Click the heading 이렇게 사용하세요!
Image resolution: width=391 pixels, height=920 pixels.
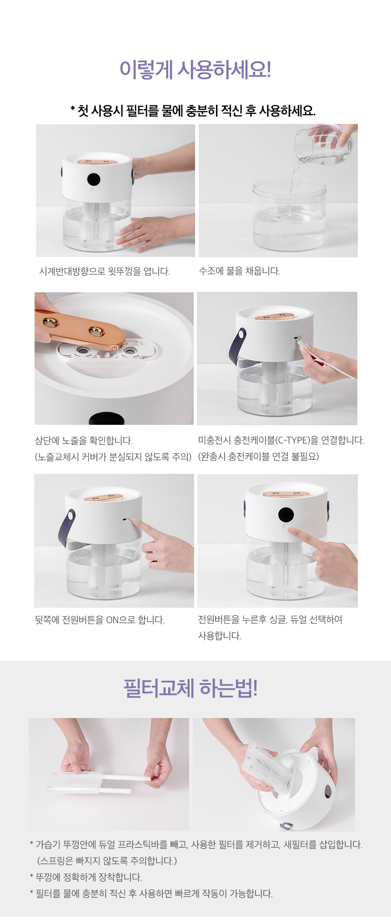pyautogui.click(x=195, y=70)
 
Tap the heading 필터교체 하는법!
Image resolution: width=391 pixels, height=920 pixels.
pyautogui.click(x=190, y=688)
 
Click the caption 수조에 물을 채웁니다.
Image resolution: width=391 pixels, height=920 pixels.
pyautogui.click(x=239, y=271)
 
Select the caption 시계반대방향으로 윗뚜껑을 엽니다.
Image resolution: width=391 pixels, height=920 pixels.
pyautogui.click(x=105, y=271)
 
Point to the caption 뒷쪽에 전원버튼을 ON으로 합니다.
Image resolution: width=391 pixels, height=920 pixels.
pyautogui.click(x=100, y=620)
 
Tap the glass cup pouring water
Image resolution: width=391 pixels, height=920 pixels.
pyautogui.click(x=323, y=145)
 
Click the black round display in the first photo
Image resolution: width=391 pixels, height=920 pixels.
pyautogui.click(x=94, y=179)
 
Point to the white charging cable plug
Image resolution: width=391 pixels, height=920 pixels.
pyautogui.click(x=304, y=344)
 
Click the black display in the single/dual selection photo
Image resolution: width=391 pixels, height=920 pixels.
pyautogui.click(x=286, y=515)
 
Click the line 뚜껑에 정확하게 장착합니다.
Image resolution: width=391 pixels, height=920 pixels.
pyautogui.click(x=89, y=877)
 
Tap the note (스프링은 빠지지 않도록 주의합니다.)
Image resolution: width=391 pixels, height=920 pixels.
pyautogui.click(x=107, y=861)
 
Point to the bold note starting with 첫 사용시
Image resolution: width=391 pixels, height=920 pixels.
pyautogui.click(x=193, y=110)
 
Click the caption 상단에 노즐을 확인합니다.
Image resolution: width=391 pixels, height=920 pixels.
pyautogui.click(x=84, y=440)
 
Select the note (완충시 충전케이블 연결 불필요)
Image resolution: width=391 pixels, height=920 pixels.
pyautogui.click(x=258, y=456)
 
